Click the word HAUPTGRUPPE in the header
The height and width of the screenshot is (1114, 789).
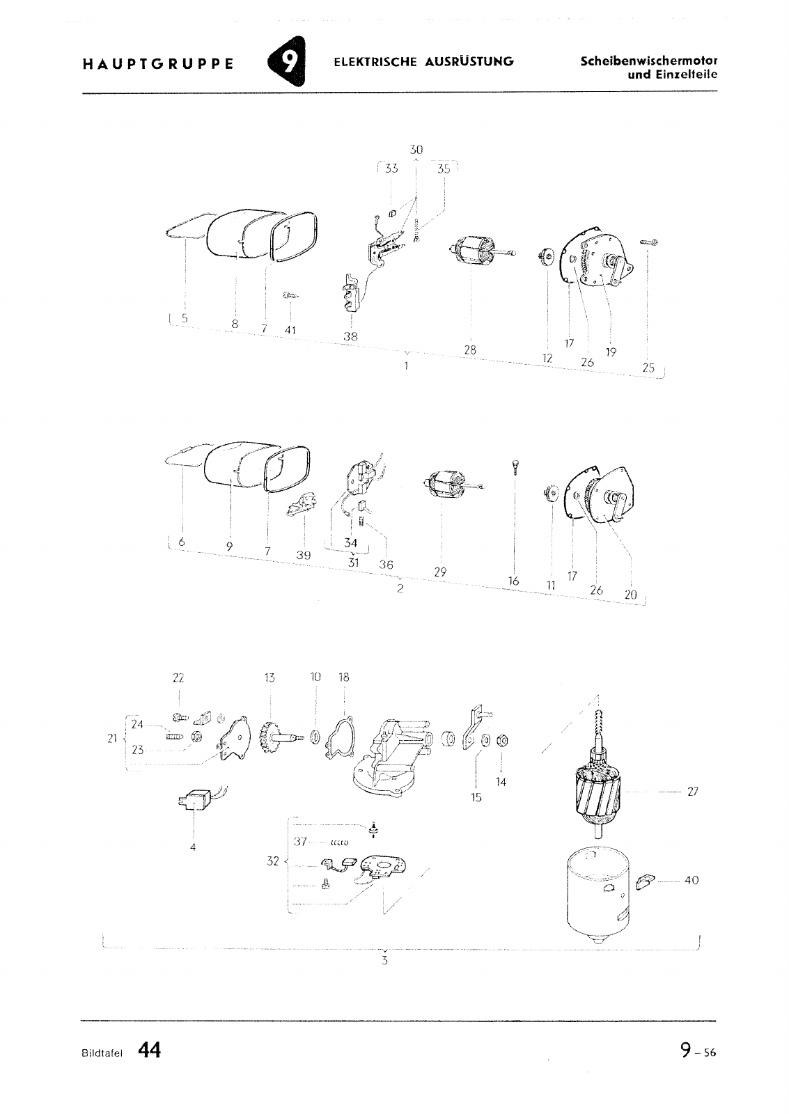pos(157,64)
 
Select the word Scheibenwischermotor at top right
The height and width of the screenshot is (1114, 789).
pos(649,62)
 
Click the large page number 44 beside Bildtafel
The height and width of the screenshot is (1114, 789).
pos(149,1051)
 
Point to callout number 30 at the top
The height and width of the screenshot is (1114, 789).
pos(416,150)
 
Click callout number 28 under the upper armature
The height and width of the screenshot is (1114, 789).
pos(470,350)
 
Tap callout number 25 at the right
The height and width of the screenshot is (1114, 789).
pos(648,368)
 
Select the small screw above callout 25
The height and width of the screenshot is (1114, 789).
pos(648,242)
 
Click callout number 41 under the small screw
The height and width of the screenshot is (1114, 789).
pos(290,330)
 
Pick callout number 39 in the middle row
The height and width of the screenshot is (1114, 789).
pos(304,556)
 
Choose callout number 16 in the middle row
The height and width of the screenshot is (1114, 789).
pos(513,581)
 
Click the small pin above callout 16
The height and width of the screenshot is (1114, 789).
pos(514,467)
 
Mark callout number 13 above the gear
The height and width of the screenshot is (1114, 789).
pos(269,677)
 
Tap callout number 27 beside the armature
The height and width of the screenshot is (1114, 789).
pos(693,791)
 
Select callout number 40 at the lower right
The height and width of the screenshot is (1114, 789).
pos(692,880)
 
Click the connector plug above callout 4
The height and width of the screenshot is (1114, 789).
pos(196,800)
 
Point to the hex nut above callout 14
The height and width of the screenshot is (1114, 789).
pos(502,741)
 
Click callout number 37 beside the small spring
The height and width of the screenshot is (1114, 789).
pos(300,842)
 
